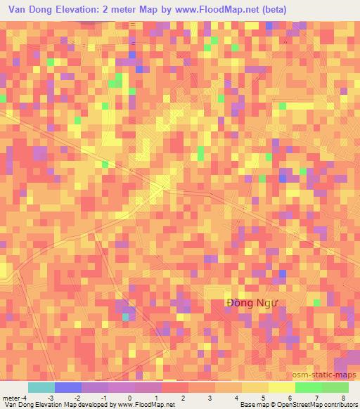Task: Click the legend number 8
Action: coord(343,398)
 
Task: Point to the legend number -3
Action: coord(51,398)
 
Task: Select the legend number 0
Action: coord(130,398)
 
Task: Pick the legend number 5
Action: coord(263,398)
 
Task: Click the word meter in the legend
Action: coord(12,398)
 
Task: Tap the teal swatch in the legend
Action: coord(41,387)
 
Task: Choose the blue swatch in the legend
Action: coord(67,387)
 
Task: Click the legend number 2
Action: coord(184,398)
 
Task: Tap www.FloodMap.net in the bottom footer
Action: coord(137,405)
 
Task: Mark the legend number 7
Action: coord(316,398)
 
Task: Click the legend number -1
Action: coord(103,398)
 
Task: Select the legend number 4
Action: coord(236,398)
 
